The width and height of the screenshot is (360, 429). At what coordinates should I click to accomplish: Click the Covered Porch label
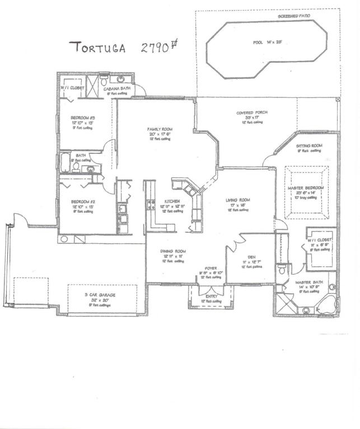[x=252, y=113]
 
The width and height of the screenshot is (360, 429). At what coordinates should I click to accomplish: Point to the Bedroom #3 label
[x=83, y=118]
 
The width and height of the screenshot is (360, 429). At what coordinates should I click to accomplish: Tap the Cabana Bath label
[x=116, y=89]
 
